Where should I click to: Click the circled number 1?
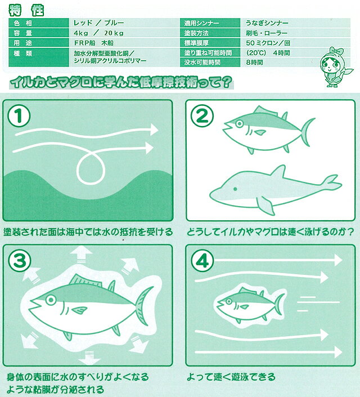(19, 115)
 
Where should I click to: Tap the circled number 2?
(201, 115)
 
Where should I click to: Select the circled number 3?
(20, 261)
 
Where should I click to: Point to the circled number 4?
(202, 261)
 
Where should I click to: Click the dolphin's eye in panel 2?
(235, 189)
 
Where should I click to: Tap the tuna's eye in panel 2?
(239, 124)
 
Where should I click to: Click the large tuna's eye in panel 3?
(51, 300)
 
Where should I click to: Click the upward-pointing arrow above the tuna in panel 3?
(81, 255)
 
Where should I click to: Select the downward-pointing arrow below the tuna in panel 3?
(89, 358)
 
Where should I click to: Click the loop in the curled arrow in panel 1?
(91, 168)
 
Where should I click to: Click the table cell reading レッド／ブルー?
(98, 23)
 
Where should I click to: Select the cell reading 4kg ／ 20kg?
(98, 33)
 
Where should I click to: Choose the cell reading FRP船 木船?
(94, 43)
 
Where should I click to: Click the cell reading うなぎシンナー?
(267, 23)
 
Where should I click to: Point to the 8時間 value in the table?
(254, 63)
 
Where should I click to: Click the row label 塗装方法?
(196, 33)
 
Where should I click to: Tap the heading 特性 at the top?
(26, 10)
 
